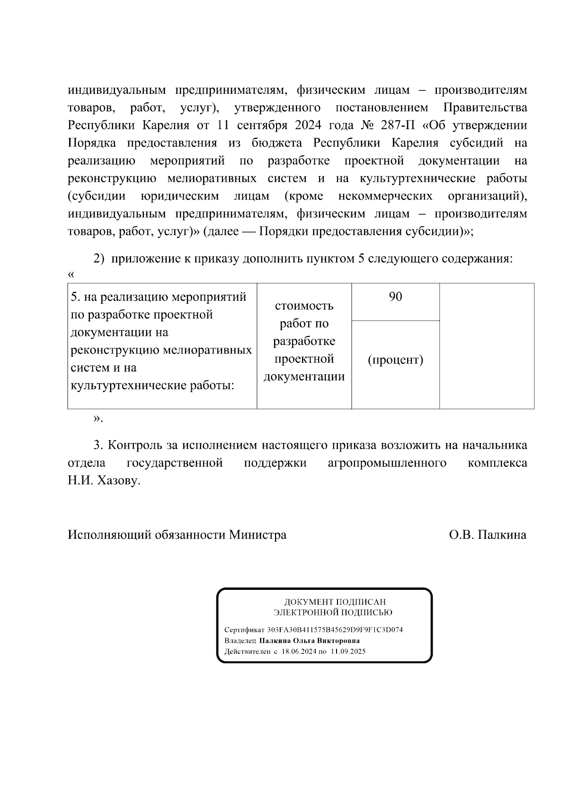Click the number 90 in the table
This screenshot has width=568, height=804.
(x=395, y=297)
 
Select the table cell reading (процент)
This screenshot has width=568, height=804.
(x=395, y=360)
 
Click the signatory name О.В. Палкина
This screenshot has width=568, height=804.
(x=488, y=535)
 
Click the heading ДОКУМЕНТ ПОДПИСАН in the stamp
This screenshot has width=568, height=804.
(x=335, y=602)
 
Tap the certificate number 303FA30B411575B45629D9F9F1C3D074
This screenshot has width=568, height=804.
(x=335, y=630)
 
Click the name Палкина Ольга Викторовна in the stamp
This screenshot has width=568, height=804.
(x=309, y=641)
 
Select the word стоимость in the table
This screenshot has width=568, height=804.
(x=304, y=306)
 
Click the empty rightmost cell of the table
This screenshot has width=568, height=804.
(x=487, y=346)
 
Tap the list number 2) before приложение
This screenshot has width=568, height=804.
(x=98, y=259)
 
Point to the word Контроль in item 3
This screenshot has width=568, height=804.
(x=135, y=445)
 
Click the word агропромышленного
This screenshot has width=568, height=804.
(x=387, y=463)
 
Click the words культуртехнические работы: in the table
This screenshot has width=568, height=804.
(x=152, y=386)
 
